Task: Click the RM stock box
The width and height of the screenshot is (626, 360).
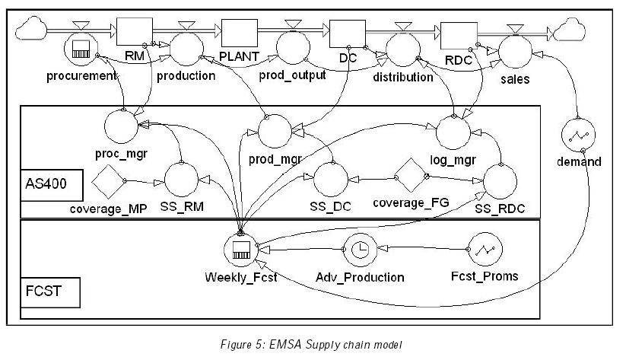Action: (130, 33)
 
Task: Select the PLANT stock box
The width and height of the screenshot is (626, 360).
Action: (240, 34)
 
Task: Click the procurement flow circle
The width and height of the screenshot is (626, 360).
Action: (81, 51)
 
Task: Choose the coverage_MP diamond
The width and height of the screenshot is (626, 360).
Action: (109, 181)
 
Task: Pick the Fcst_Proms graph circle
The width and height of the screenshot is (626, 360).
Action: (485, 250)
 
